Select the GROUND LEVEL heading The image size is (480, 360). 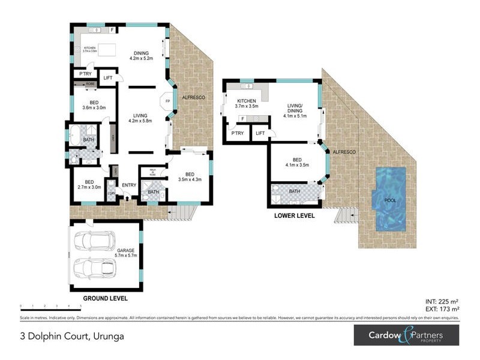coord(106,298)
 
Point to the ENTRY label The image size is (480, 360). coord(129,185)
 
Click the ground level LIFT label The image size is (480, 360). coord(108,78)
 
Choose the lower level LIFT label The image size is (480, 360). coord(260,133)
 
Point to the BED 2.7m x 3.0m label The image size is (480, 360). coord(89,184)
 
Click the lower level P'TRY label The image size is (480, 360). coord(236,133)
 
